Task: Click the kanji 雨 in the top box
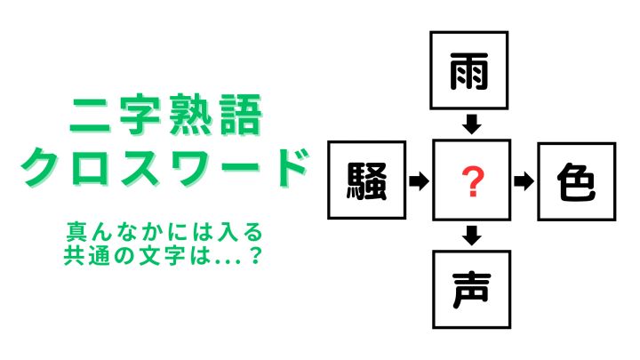469,71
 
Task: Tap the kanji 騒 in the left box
366,180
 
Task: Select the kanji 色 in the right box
576,182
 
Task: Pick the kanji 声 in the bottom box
471,290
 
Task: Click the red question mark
472,181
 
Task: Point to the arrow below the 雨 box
471,124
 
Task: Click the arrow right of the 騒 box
419,180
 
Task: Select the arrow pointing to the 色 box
524,181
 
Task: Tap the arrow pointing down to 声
472,235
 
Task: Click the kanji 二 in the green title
90,116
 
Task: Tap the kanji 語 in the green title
240,115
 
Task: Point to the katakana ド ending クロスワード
290,167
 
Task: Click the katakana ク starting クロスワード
40,167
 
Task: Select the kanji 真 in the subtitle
76,232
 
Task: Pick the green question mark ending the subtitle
255,255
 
